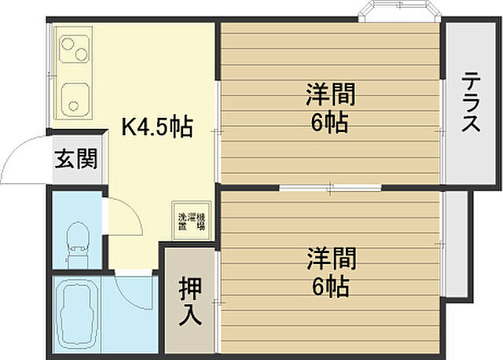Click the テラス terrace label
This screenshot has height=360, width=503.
point(472,102)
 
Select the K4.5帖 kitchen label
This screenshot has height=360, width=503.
point(156,127)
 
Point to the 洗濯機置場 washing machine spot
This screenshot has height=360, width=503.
point(190,220)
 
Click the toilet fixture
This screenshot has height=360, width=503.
point(77,240)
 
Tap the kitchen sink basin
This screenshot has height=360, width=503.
point(76,97)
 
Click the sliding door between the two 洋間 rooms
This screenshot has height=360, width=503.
point(330,187)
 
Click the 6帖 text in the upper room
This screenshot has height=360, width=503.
point(330,123)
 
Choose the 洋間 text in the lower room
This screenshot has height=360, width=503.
point(330,257)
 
